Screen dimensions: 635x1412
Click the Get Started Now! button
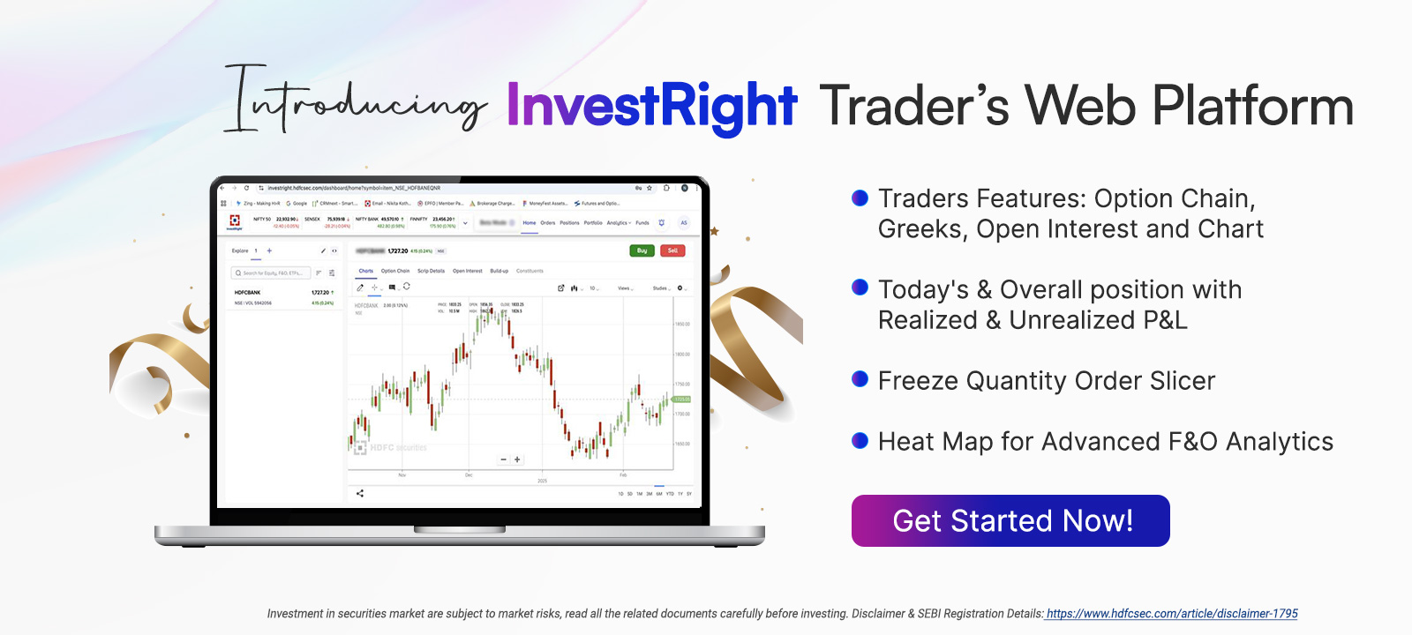point(1010,520)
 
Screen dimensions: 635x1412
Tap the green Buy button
point(642,250)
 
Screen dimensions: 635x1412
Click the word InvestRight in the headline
point(651,106)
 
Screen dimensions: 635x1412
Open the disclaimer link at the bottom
point(1172,614)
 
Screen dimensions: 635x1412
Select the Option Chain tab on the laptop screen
point(395,271)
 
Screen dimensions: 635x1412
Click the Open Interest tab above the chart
point(468,271)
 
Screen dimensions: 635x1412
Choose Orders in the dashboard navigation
point(548,223)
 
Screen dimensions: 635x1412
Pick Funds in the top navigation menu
point(642,223)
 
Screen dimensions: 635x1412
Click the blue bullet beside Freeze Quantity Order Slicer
point(860,379)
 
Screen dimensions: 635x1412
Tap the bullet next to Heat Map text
point(860,440)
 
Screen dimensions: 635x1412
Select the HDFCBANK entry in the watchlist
point(248,293)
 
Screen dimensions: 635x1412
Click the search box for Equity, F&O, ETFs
point(274,273)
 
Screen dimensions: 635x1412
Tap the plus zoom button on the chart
point(517,459)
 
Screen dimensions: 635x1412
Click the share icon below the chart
point(360,493)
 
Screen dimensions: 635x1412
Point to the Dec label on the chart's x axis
point(469,475)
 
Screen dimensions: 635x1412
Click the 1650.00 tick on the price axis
point(682,444)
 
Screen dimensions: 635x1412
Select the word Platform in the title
point(1253,106)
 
